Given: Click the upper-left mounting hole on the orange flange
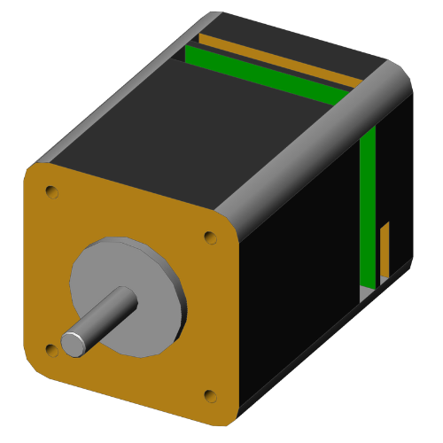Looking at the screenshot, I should coord(52,190).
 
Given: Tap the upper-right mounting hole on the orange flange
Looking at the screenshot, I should coord(210,237).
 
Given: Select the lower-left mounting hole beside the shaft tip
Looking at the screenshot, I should coord(51,351).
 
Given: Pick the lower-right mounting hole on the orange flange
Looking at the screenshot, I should coord(210,395).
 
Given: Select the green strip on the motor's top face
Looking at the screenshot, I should coord(266,75).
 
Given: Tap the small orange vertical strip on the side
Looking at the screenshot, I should coord(385,250).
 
